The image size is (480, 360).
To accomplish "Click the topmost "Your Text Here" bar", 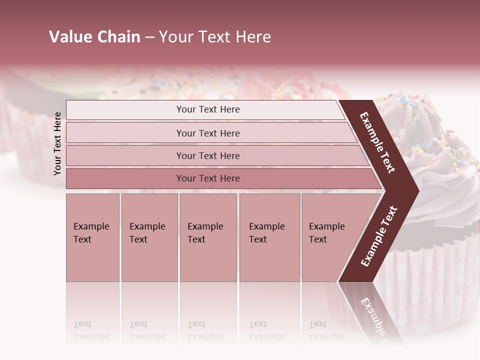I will click(207, 109).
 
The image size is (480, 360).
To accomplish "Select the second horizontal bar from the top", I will click(207, 133).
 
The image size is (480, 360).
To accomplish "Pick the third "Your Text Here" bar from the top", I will click(207, 155).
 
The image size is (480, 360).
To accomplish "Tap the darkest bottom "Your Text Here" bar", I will click(207, 178).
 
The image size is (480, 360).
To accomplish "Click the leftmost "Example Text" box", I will click(92, 237).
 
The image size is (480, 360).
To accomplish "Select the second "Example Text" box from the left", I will click(149, 237).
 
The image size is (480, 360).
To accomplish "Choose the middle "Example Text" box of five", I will click(208, 237).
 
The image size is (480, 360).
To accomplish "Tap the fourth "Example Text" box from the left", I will click(269, 237).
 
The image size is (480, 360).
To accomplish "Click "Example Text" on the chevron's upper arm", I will click(378, 142).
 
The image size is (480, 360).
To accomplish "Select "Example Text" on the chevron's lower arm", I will click(378, 236).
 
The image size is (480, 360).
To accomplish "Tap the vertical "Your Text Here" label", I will click(57, 143).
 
